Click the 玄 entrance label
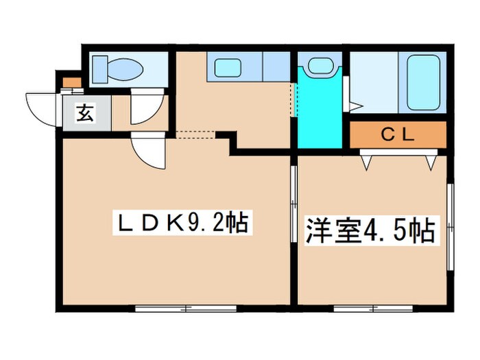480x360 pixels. tap(84, 114)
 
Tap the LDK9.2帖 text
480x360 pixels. tap(180, 223)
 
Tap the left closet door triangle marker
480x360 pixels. tap(367, 162)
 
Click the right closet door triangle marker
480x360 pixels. tap(431, 162)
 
